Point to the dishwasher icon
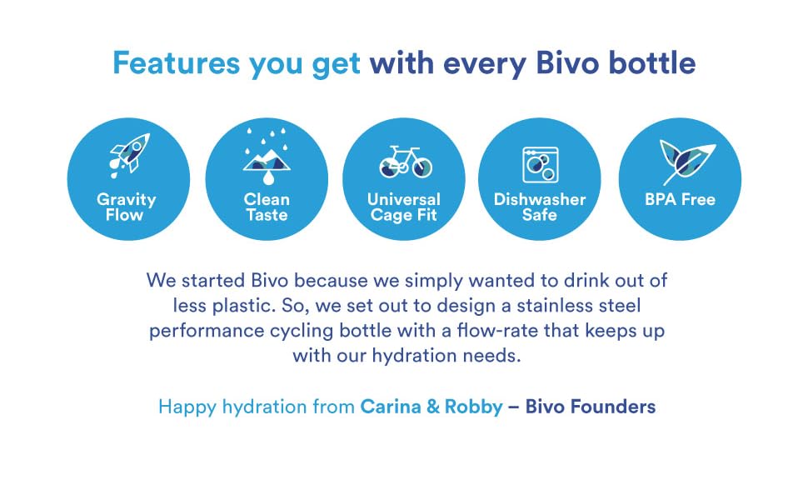540,163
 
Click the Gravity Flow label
127,207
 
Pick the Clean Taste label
267,207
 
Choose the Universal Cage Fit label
404,207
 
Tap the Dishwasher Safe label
540,207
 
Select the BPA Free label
680,200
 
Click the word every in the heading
484,63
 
